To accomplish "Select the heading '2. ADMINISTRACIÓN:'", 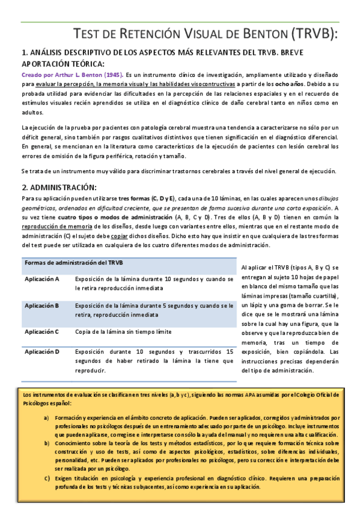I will click(59, 187).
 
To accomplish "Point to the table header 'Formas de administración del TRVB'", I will click(73, 263).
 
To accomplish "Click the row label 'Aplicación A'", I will click(41, 279).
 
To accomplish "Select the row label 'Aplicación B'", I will click(41, 306).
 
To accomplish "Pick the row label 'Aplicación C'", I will click(41, 331).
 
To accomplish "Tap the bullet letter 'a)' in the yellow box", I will click(47, 417).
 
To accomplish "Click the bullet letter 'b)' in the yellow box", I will click(47, 443).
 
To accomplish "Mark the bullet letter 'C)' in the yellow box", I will click(47, 478).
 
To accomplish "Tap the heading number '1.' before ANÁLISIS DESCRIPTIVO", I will click(25, 52).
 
